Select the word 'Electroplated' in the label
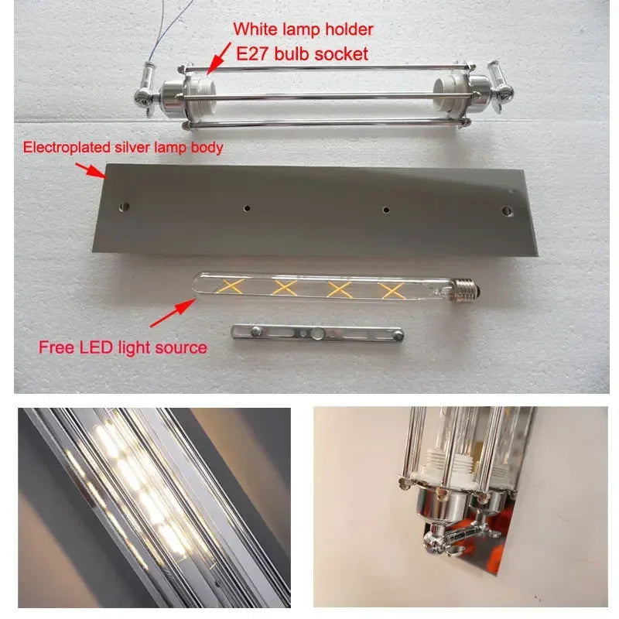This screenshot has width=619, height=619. (x=61, y=146)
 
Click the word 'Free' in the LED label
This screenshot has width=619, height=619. (x=55, y=347)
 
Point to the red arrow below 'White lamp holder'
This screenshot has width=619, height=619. (x=219, y=59)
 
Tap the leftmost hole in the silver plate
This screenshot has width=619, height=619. (x=125, y=207)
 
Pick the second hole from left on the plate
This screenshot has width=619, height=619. (x=246, y=207)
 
